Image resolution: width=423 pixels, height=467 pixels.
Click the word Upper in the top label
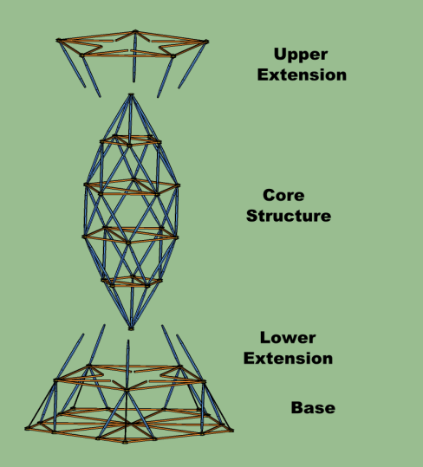pos(301,55)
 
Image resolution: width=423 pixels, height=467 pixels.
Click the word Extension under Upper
pos(302,75)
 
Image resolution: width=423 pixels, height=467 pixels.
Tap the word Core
pos(283,196)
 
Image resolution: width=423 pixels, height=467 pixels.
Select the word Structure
pos(289,216)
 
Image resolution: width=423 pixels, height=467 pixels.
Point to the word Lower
pos(288,338)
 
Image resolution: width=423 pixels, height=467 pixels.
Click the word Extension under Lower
pos(288,359)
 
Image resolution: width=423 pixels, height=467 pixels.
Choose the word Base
pos(313,408)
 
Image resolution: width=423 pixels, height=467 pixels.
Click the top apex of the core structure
pos(131,95)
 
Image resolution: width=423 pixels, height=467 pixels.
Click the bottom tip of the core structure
pos(131,328)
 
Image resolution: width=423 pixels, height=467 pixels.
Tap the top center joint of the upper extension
pos(135,31)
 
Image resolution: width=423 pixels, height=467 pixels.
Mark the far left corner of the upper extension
pos(58,40)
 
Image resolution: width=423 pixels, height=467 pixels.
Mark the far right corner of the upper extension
pos(206,42)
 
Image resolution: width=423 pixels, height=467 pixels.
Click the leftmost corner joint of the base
pos(27,429)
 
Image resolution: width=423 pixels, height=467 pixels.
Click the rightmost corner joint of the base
pos(231,430)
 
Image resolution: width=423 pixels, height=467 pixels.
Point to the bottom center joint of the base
pos(125,441)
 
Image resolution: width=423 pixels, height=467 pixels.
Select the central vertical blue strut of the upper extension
pos(134,57)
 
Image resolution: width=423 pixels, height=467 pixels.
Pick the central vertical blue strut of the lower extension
pos(127,365)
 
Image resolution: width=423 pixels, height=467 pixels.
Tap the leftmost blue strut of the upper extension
pos(72,64)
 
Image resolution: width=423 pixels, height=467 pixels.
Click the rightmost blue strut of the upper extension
pos(192,65)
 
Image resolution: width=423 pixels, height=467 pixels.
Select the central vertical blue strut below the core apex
pos(130,120)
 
